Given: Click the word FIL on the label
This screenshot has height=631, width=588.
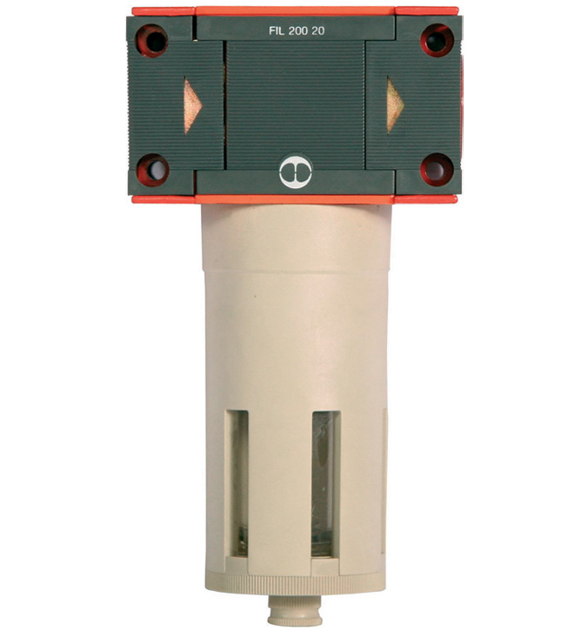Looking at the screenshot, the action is (277, 31).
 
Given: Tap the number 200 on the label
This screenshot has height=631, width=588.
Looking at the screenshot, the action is (297, 31).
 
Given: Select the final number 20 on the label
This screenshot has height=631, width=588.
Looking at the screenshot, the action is (317, 31).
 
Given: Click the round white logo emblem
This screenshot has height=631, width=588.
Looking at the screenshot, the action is (296, 171).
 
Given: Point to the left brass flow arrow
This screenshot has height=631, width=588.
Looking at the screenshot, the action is (192, 106).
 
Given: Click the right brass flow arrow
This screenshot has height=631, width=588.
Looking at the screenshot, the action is (395, 105).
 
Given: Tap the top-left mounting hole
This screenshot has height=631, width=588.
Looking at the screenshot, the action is (152, 40).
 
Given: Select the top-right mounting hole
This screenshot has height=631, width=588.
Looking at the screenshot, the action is (438, 40).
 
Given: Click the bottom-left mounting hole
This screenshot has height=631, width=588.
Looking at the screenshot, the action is (154, 170).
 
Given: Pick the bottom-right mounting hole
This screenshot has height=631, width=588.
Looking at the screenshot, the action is (438, 170).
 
